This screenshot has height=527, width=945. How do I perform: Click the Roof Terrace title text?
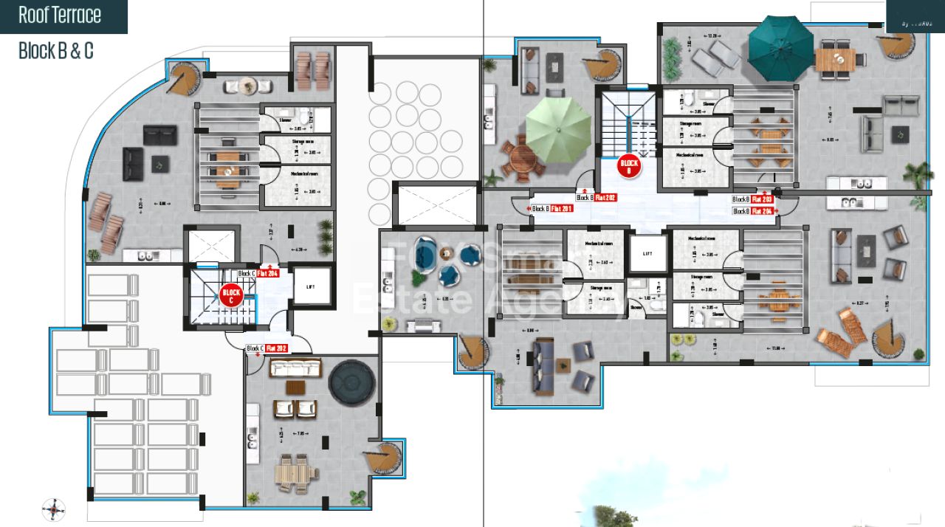tap(60, 15)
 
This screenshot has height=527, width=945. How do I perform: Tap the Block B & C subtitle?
tap(56, 51)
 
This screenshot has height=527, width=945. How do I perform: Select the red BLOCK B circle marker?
tap(629, 166)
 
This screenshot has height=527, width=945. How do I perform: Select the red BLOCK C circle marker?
tap(231, 296)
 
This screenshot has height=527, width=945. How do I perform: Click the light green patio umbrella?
tap(558, 128)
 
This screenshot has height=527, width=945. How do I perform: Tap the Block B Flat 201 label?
tap(552, 209)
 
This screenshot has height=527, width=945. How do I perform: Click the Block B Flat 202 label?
tap(596, 198)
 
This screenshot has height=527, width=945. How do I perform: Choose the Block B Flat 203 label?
tap(752, 199)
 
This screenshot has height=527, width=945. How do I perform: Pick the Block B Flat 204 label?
tap(752, 211)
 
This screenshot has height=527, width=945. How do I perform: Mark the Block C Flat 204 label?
tap(258, 274)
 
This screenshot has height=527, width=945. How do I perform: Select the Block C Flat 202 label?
tap(267, 348)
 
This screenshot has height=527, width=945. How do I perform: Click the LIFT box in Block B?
tap(647, 252)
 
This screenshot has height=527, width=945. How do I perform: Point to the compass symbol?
tap(54, 509)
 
